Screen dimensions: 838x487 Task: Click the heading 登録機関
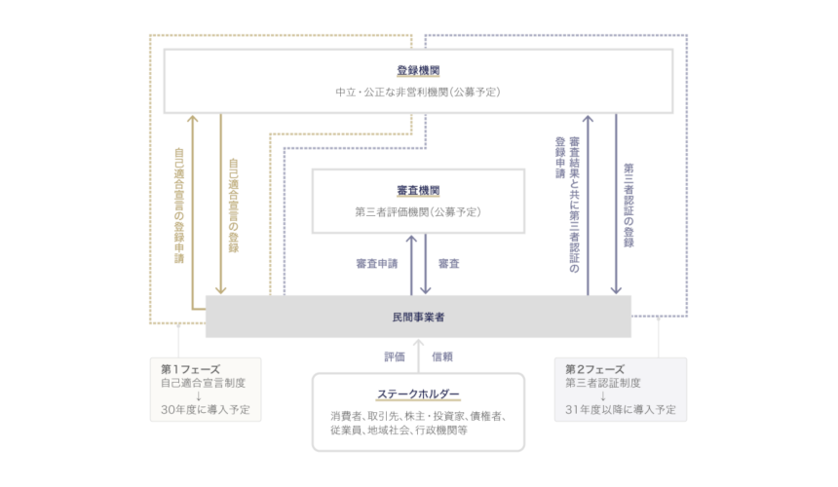418,70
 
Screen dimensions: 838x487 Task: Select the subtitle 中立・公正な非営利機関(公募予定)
418,93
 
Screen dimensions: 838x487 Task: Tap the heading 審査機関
418,191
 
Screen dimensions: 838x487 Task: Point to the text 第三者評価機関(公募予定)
418,212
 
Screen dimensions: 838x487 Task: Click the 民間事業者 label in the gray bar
418,318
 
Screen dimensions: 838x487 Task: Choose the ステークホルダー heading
418,394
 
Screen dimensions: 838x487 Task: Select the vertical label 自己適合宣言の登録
234,206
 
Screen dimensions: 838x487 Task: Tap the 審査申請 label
377,264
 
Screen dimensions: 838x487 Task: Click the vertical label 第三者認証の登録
629,206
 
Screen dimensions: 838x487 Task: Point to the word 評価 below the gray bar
395,356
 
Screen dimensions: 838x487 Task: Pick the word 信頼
442,356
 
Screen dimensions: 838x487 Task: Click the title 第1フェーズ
190,369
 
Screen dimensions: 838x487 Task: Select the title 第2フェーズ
594,369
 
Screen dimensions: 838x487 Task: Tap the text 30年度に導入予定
206,410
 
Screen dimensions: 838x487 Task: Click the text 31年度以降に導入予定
621,410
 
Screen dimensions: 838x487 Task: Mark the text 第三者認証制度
603,383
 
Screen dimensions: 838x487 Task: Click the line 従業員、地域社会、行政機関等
399,430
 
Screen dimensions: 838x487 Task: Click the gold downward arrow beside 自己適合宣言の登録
221,204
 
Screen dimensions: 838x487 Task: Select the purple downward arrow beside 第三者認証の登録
616,204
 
